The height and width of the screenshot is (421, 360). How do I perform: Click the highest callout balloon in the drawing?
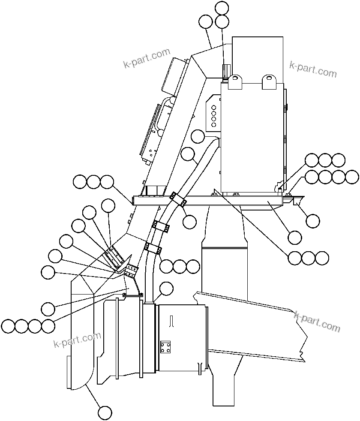coord(222,7)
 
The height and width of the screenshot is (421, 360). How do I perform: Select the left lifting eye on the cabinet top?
coord(235,81)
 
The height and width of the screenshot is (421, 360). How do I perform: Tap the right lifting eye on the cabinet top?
coord(269,81)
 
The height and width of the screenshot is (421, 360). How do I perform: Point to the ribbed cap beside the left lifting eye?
coord(225,71)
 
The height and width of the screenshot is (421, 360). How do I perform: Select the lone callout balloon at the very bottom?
coord(105,412)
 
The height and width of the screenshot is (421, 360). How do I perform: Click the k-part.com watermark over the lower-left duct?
coord(78,340)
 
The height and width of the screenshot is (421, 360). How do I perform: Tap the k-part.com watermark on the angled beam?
coord(317,322)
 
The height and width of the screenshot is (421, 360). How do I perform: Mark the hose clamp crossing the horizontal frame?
coord(177,199)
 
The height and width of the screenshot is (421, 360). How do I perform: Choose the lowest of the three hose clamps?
coord(153,248)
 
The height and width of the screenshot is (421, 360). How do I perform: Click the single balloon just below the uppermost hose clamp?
coord(189,221)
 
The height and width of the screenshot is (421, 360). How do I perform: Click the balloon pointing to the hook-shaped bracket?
coord(313,221)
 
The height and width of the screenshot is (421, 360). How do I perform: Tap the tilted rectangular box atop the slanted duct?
coord(175,75)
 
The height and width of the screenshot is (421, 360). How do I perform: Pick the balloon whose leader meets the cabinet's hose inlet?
coord(198,137)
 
